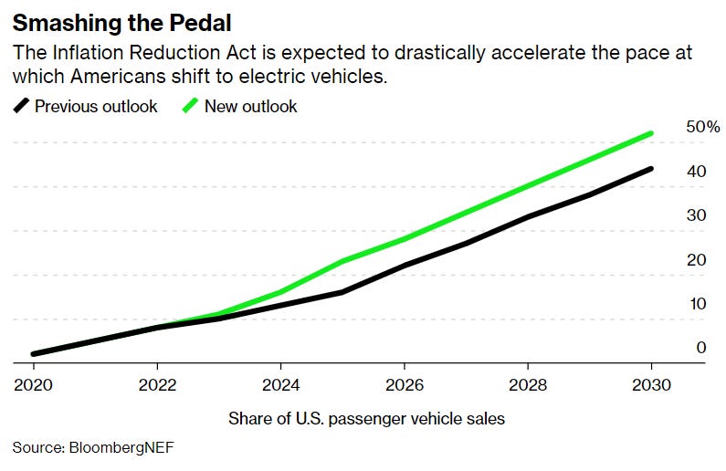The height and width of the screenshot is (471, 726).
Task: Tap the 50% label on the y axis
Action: [x=702, y=127]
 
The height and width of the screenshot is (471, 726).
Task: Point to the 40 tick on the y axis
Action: [x=696, y=172]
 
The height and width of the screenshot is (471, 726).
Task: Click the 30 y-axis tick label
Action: [x=696, y=215]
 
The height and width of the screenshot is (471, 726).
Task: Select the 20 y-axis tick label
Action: [x=696, y=260]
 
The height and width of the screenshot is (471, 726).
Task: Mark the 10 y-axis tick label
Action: [x=696, y=304]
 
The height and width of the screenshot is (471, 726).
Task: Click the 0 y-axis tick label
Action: [x=700, y=348]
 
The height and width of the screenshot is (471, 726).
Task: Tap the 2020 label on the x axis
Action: [x=32, y=384]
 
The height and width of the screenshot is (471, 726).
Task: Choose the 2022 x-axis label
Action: [x=156, y=384]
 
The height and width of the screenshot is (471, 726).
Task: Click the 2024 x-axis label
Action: [x=279, y=384]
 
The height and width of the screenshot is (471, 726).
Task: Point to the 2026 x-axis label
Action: [x=404, y=384]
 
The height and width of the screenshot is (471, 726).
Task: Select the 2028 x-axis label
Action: [x=527, y=384]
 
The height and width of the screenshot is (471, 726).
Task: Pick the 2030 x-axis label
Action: [x=651, y=384]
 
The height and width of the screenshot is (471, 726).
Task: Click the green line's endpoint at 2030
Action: [x=651, y=133]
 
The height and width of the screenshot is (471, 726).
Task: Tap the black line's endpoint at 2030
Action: [x=651, y=168]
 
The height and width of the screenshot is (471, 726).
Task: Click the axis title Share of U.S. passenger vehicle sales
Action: [x=365, y=419]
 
